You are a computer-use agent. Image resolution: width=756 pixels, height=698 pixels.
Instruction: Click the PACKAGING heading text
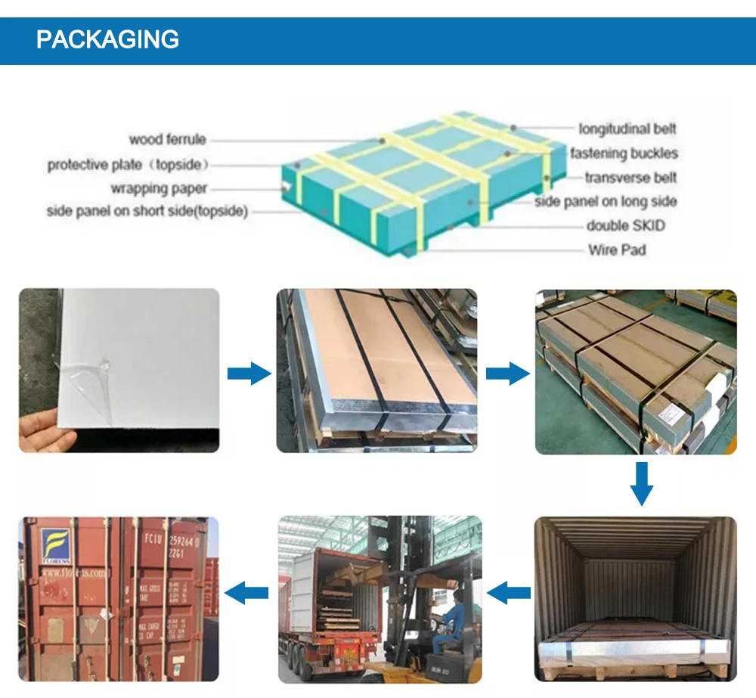pos(107,39)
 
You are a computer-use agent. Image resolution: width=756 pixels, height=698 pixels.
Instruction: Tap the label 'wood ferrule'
pos(167,139)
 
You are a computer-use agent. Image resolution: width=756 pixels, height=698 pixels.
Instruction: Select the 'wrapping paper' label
pos(159,188)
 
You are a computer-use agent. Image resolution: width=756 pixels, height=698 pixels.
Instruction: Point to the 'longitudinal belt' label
pos(627,129)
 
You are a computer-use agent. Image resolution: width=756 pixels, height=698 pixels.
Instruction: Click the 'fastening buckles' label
pos(624,154)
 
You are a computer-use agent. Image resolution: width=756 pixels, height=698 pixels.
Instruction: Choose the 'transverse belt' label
pos(631,178)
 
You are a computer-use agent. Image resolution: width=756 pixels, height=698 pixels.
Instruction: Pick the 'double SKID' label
pos(626,225)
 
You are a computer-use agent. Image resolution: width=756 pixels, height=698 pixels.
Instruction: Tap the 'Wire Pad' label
pos(617,250)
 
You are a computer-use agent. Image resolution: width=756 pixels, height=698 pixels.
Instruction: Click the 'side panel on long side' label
pos(606,201)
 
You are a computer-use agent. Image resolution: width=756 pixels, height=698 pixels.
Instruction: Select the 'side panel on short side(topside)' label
pos(147,212)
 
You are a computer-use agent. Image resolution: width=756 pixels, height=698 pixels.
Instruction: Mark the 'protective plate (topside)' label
pos(128,164)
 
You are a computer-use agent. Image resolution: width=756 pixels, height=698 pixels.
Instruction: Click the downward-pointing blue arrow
pos(641,484)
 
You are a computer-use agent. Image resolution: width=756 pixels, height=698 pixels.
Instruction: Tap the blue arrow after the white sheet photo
pos(249,373)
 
